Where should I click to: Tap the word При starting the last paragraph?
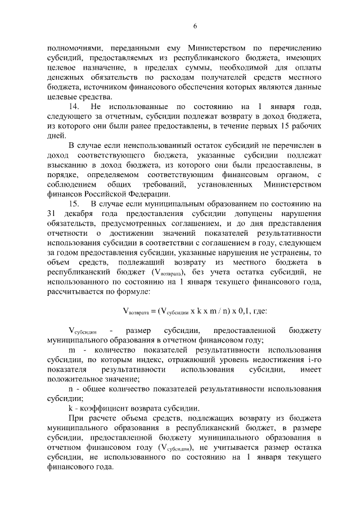[x=75, y=419]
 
